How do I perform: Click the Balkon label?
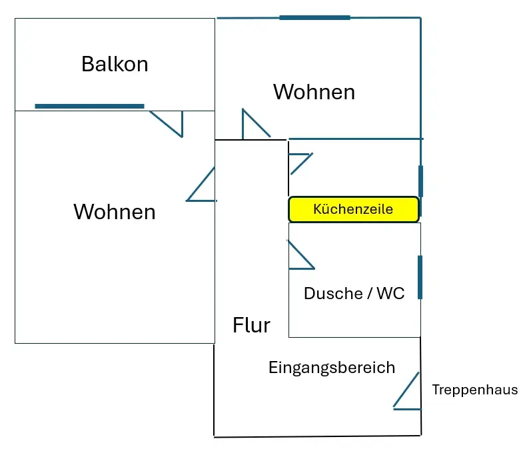click(115, 64)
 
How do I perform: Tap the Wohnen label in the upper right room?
click(314, 91)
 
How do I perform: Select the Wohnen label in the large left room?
click(114, 211)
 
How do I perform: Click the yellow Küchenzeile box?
click(353, 209)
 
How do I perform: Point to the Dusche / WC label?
click(354, 293)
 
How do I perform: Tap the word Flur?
click(251, 325)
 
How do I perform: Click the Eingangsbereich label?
click(332, 367)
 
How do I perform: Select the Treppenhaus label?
click(474, 390)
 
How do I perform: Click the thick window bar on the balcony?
click(89, 106)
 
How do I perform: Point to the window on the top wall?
click(314, 17)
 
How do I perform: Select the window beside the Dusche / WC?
click(420, 276)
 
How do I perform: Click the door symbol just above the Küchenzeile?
click(298, 163)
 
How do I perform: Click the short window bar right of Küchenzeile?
click(420, 181)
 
